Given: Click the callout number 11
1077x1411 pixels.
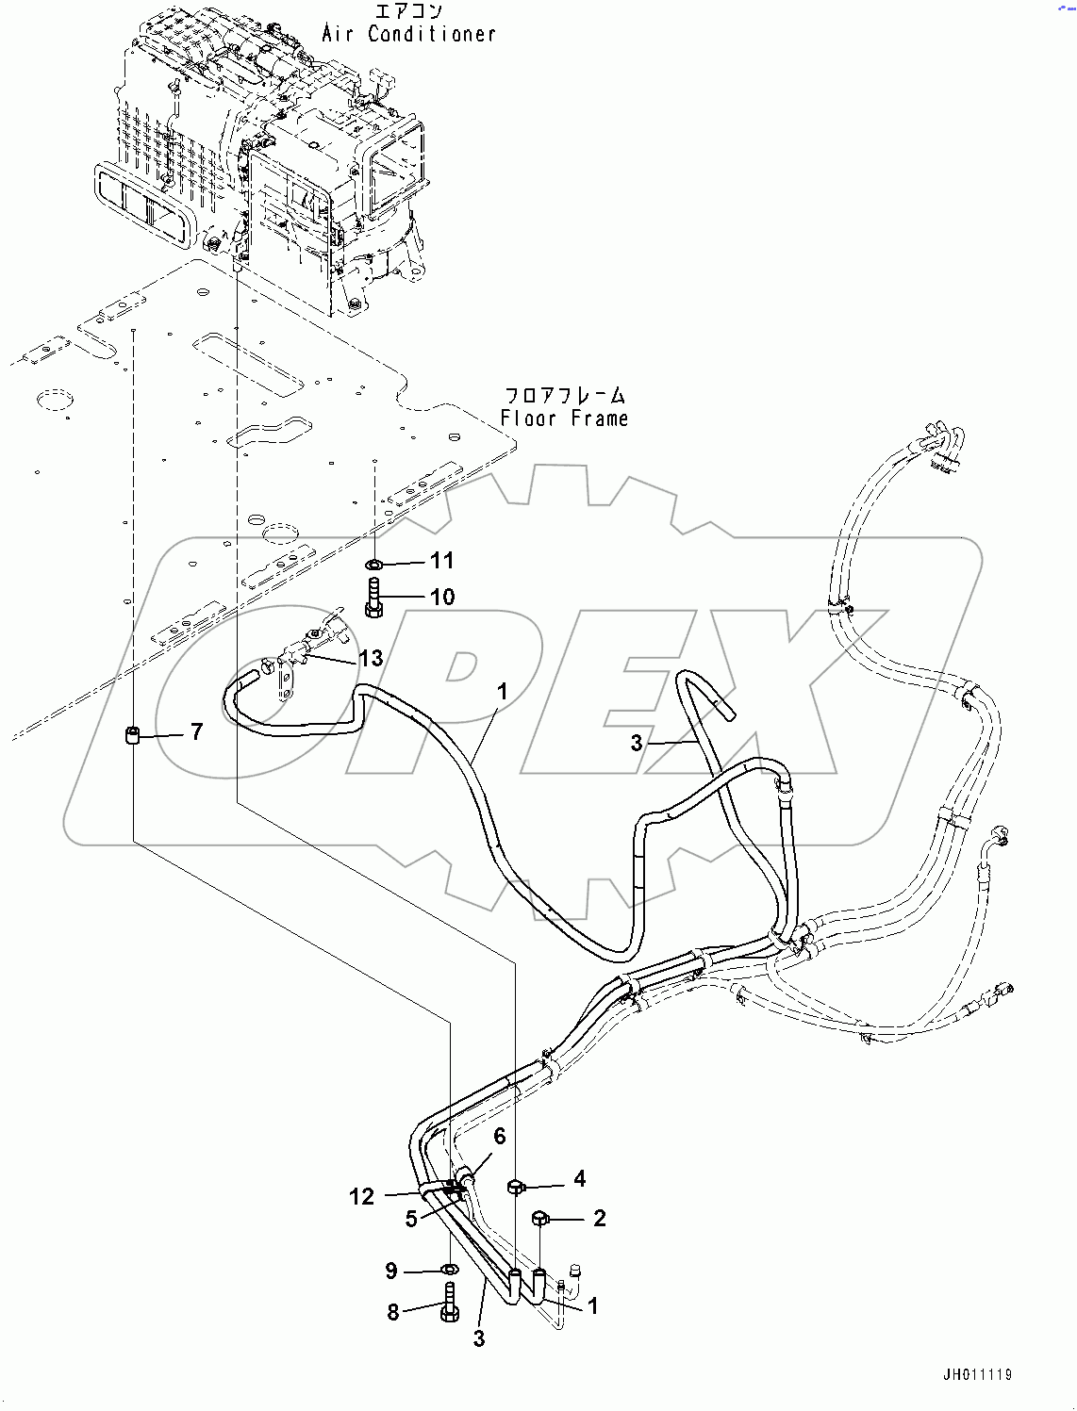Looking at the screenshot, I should tap(441, 561).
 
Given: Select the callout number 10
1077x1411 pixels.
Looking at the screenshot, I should tap(441, 598).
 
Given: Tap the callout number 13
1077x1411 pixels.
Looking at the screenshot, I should tap(372, 658).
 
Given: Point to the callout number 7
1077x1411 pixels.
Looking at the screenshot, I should tap(196, 731).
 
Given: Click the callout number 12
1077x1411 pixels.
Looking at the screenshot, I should tap(361, 1196).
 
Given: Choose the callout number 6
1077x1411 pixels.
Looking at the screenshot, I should tap(499, 1137).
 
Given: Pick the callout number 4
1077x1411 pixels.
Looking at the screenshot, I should tap(579, 1178).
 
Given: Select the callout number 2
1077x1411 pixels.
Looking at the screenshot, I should tap(599, 1218).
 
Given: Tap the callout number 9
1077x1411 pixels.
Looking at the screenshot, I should tap(391, 1272).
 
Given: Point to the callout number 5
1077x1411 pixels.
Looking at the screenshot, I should tap(411, 1219).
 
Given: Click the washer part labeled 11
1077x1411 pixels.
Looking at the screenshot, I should tap(374, 565).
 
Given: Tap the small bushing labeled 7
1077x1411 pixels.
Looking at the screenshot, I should tap(134, 734).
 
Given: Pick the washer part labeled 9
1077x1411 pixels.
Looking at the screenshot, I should tap(449, 1272).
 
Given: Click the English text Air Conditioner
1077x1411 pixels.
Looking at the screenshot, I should tap(408, 34).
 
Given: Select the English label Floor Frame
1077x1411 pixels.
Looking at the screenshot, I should tap(564, 418).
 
